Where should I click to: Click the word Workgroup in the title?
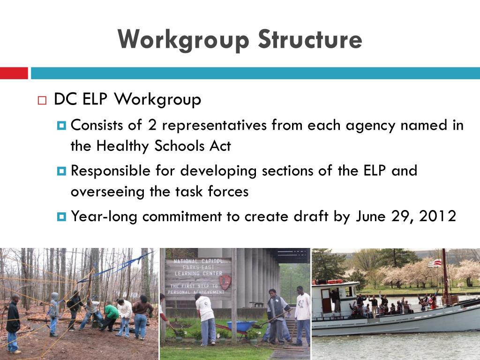(183, 39)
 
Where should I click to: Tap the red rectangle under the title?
(14, 73)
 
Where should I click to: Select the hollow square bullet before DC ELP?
(42, 101)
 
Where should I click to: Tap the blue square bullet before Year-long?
(61, 217)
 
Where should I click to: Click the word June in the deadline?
(370, 216)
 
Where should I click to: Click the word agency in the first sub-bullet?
(372, 126)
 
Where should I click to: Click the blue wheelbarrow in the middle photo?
(241, 325)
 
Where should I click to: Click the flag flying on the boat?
(435, 263)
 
